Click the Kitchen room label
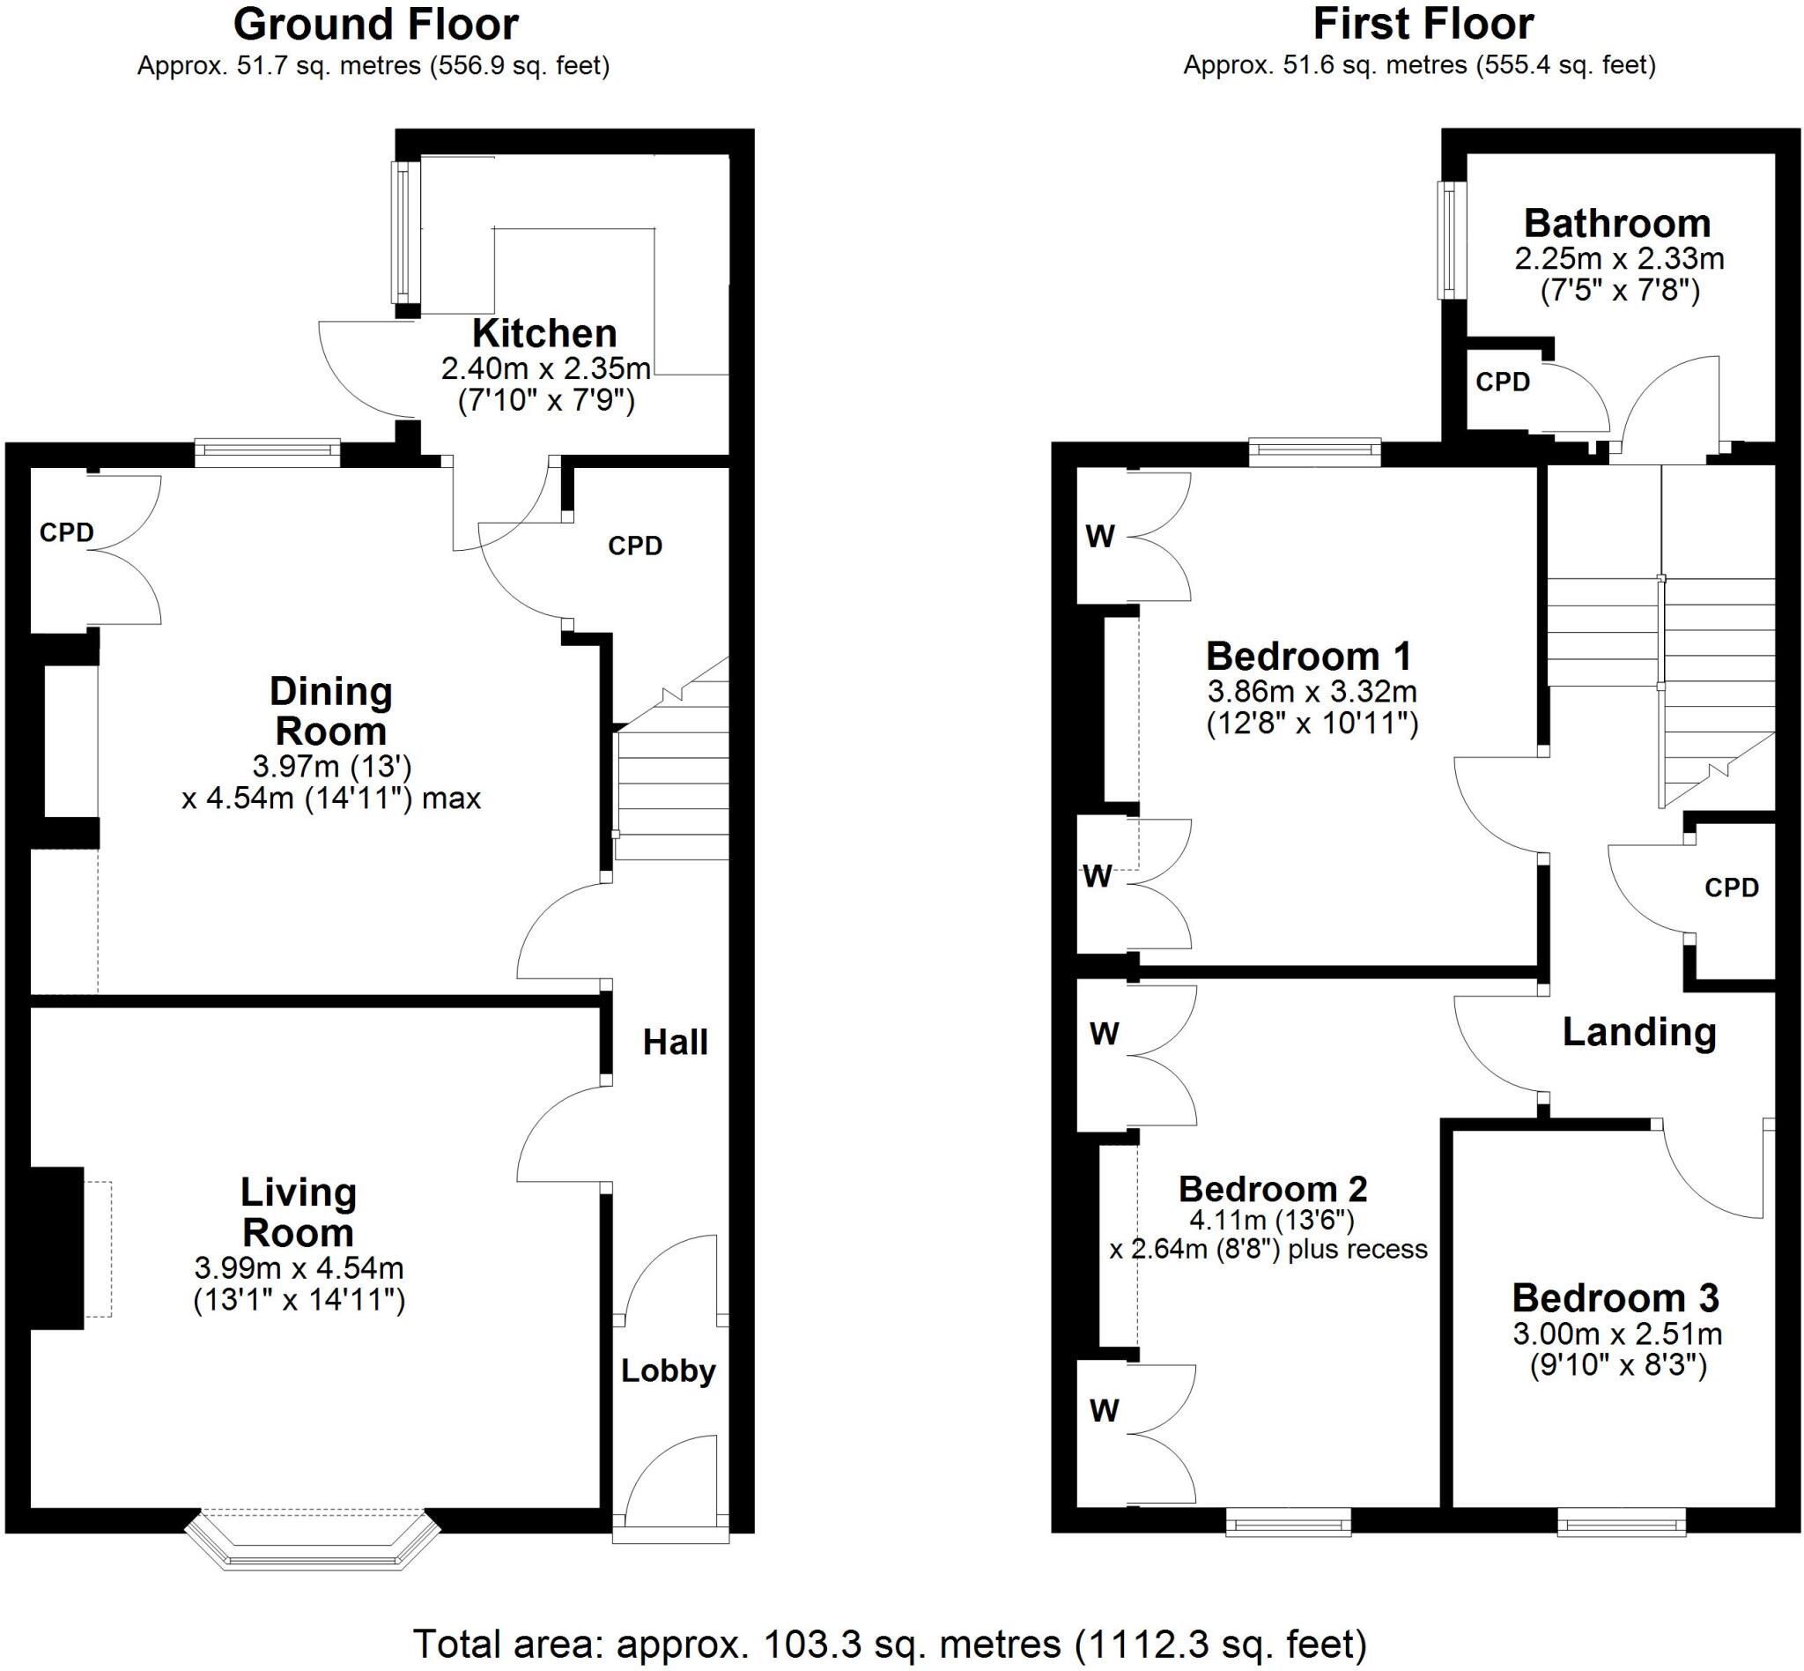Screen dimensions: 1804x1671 point(544,334)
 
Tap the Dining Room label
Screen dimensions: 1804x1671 point(331,711)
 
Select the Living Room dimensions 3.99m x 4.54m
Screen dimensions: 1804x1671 point(299,1267)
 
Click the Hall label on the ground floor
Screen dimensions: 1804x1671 point(675,1043)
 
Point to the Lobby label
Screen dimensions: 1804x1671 point(668,1370)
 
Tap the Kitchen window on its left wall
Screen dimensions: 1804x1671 point(405,233)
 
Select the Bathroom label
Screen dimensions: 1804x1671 point(1617,222)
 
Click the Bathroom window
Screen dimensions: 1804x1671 point(1452,241)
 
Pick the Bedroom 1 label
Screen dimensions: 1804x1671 point(1309,656)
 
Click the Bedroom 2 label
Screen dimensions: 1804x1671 point(1273,1188)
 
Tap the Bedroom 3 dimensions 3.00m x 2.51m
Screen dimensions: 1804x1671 point(1618,1333)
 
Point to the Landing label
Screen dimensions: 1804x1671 point(1639,1032)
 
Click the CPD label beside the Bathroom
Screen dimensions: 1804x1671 point(1503,382)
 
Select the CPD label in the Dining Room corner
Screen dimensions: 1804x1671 point(67,532)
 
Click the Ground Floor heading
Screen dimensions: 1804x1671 point(376,25)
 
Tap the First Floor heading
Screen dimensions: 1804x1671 point(1423,25)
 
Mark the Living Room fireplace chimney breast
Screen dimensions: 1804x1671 point(57,1249)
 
